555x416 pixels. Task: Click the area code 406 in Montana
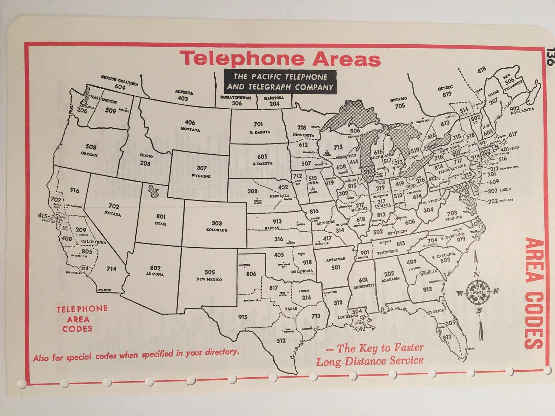point(190,123)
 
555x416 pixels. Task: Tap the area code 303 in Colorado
point(216,223)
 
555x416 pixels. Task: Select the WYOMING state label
point(201,176)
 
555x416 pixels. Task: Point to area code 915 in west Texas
point(243,317)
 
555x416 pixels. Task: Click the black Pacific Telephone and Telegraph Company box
point(280,82)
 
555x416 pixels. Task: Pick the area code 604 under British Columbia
point(120,87)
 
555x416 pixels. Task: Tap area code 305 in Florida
point(450,323)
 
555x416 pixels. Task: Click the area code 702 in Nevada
point(114,206)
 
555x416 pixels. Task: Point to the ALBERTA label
point(184,93)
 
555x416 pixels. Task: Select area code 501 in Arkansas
point(336,268)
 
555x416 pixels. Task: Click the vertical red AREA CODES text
point(534,293)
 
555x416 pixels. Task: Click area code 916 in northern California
point(74,190)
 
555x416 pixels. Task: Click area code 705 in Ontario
point(400,106)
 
